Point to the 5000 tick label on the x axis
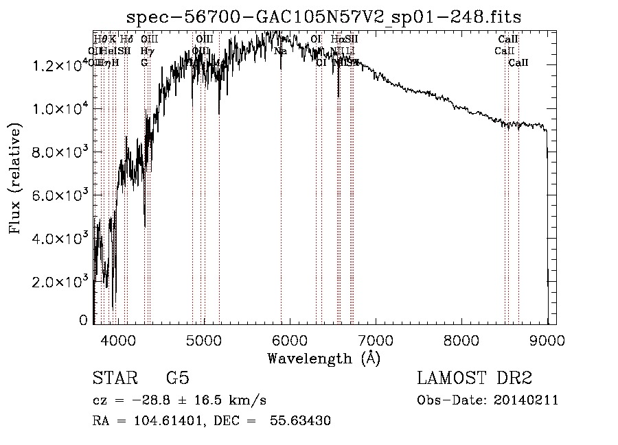204,339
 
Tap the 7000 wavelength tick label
376,339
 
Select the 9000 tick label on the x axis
547,339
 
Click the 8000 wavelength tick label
461,339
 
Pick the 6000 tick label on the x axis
290,339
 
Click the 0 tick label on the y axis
84,320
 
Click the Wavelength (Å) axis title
323,358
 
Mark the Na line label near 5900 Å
280,51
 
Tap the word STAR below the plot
114,379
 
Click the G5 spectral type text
177,379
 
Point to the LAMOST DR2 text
474,379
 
